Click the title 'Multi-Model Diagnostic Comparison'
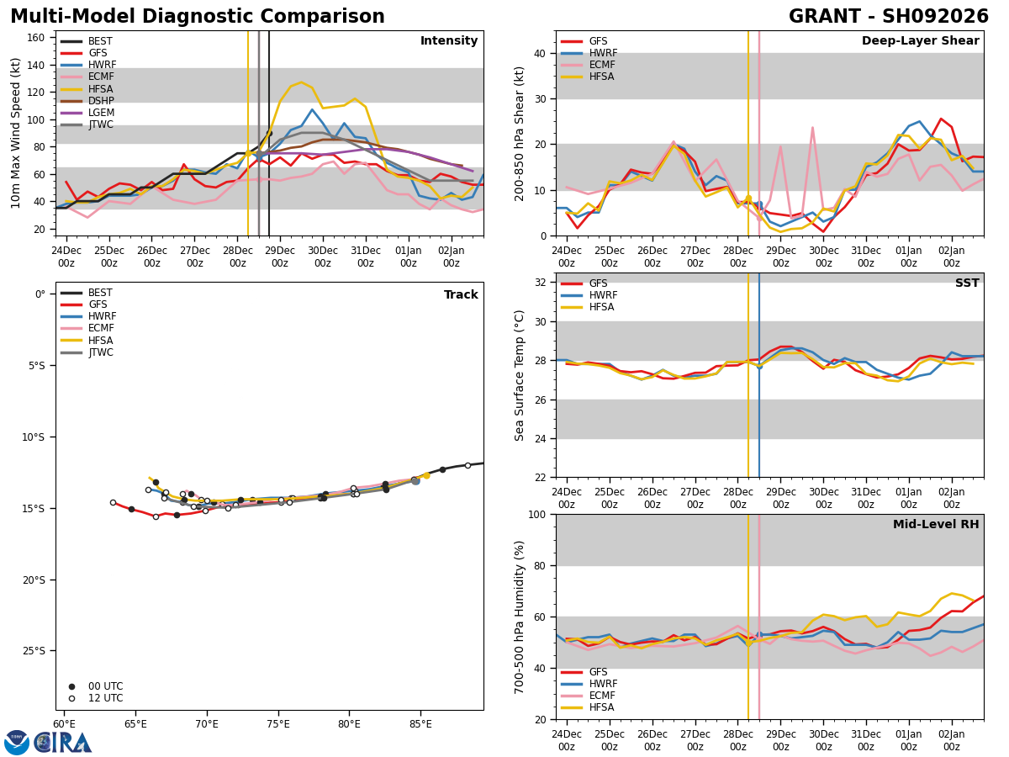(198, 16)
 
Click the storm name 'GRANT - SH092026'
(888, 16)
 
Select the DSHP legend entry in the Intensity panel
(87, 101)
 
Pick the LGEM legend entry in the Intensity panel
(87, 113)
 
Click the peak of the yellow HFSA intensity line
(301, 82)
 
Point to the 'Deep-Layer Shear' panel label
(920, 40)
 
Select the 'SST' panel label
(967, 283)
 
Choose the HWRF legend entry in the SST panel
(589, 295)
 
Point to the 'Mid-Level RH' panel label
(936, 524)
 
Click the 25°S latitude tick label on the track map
(34, 651)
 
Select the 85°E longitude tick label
(420, 724)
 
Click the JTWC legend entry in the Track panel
(87, 352)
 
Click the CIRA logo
(48, 742)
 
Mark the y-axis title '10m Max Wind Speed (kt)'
(15, 133)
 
